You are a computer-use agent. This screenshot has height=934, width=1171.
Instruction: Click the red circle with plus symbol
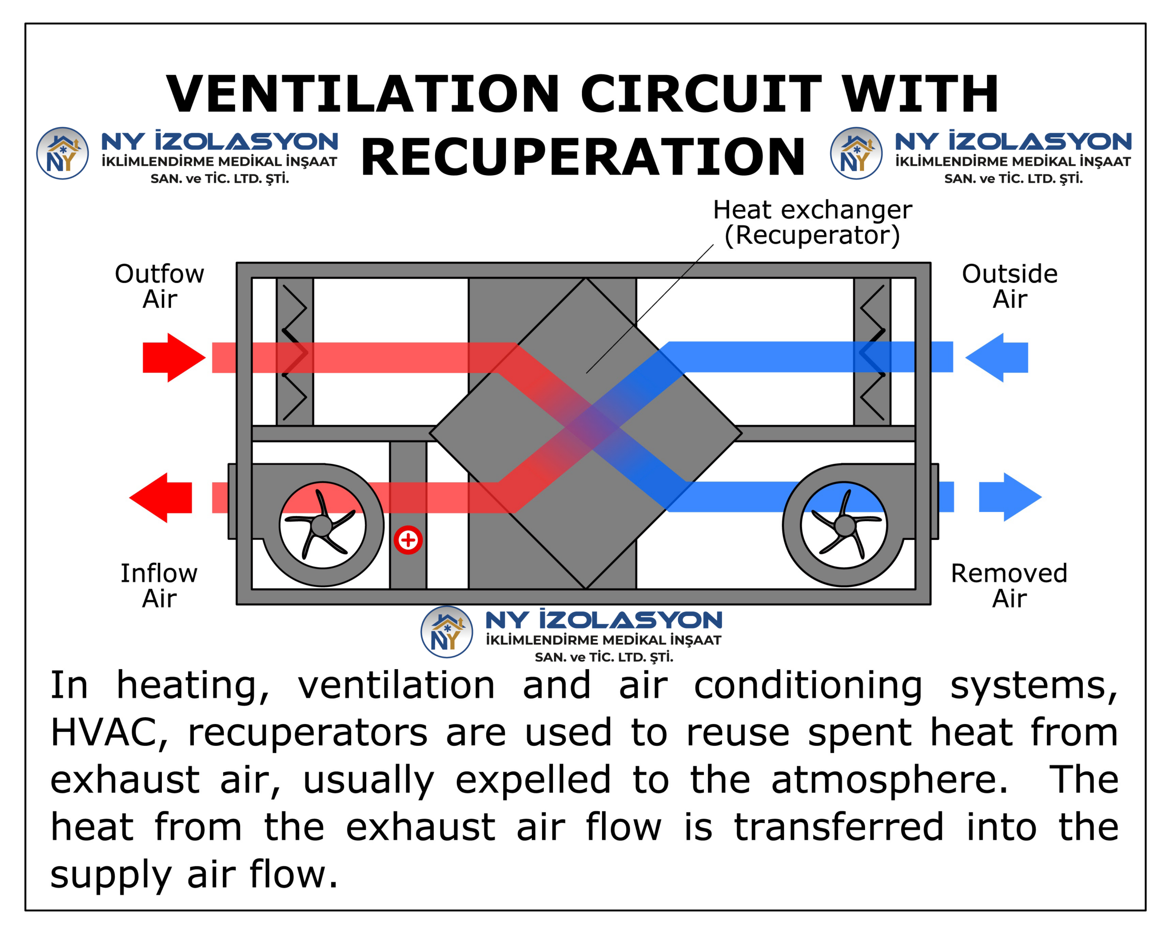point(408,540)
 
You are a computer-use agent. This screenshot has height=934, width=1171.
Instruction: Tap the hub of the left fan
point(322,525)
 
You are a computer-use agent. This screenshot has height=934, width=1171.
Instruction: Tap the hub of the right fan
point(844,525)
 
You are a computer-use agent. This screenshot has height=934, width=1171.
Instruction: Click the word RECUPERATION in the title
point(583,157)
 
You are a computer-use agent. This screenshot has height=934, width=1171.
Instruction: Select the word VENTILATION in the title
point(363,94)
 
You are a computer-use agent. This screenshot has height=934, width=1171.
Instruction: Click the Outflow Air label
point(160,286)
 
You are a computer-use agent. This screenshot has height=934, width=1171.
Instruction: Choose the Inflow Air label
point(159,586)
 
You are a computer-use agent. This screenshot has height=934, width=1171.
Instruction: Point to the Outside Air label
point(1010,286)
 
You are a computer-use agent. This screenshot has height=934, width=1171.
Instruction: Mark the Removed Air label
point(1009,586)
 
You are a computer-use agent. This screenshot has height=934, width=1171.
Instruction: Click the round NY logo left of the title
point(63,153)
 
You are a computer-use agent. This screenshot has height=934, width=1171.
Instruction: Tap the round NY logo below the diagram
point(446,632)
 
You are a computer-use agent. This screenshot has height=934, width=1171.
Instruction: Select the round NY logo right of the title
point(856,153)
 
